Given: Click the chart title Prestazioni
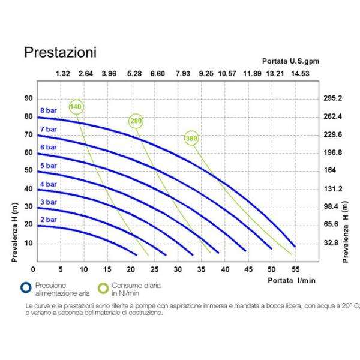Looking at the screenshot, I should click(60, 52).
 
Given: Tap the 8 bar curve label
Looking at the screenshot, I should click(49, 111).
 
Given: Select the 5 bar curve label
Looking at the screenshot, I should click(49, 165).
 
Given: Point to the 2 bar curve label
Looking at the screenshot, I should click(49, 220).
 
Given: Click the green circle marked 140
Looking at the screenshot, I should click(76, 107).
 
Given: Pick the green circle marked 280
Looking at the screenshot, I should click(136, 121).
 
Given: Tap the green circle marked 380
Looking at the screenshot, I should click(191, 139).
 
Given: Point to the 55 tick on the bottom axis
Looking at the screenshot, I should click(295, 269).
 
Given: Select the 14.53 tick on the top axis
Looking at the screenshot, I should click(301, 74).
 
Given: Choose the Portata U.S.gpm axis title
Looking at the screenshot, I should click(286, 61).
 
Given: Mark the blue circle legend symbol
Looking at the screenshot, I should click(25, 288).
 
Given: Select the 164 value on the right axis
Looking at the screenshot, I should click(330, 170).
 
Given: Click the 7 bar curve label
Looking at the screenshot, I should click(49, 129).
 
